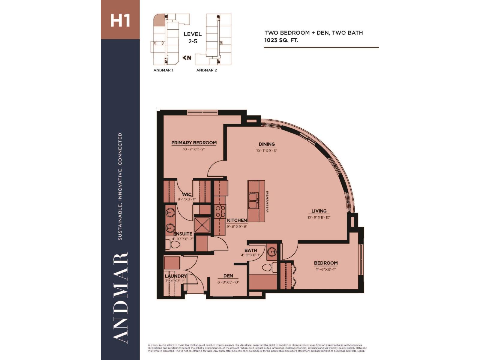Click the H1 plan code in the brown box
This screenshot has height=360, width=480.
point(120,20)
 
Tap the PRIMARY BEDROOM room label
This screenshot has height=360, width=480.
point(194,143)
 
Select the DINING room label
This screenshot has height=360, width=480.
point(267,144)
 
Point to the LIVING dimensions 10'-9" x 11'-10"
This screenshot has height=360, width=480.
point(319,217)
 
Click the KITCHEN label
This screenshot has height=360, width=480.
point(237,220)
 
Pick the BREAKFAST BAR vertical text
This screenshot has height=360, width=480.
point(267,202)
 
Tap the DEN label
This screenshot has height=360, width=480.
point(228,276)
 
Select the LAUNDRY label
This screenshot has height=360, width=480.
point(176,276)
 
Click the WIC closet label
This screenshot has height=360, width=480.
point(187,194)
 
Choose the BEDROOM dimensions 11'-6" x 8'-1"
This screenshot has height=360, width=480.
point(325,269)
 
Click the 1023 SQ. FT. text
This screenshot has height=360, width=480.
point(281,40)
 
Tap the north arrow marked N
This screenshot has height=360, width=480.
point(187,58)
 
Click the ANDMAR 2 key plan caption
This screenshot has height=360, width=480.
point(206,70)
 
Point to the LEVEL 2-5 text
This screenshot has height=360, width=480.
point(193,37)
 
